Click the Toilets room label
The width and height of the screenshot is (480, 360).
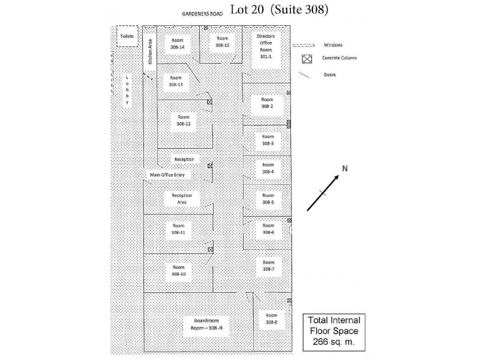click(127, 37)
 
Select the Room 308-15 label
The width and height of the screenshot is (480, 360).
click(223, 41)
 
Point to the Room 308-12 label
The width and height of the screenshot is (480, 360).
click(184, 120)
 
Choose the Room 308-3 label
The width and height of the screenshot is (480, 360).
click(268, 140)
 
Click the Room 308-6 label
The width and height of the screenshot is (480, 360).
click(268, 229)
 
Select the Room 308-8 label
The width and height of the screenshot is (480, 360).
click(272, 319)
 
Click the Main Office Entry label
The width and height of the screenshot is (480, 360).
click(170, 175)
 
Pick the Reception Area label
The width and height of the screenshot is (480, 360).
click(182, 199)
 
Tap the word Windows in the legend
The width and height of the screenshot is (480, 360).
click(333, 45)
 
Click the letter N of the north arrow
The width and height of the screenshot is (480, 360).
click(344, 169)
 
